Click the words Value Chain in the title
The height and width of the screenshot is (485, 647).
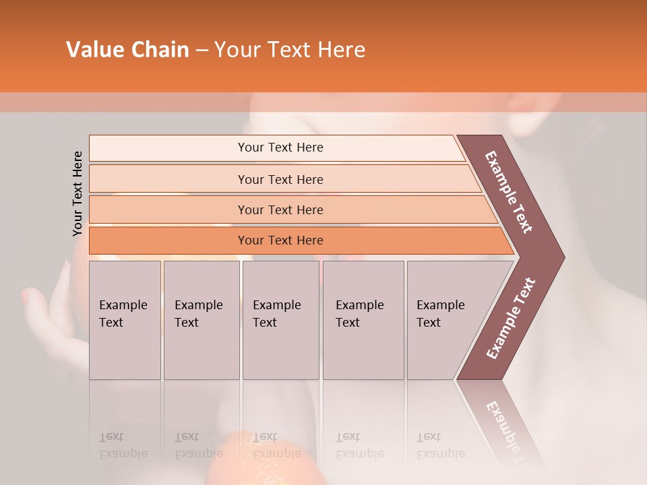pos(127,50)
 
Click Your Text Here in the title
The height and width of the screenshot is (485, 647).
pos(290,50)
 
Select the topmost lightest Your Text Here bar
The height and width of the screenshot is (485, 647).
pos(280,148)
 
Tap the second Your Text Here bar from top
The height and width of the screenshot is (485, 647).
pos(280,179)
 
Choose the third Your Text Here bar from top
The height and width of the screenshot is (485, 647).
pos(280,209)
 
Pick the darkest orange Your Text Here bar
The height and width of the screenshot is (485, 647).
pos(280,240)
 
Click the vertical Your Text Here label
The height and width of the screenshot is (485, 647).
pos(78,193)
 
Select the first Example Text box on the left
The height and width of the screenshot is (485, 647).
pos(125,319)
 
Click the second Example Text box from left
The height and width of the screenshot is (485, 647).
pos(201,319)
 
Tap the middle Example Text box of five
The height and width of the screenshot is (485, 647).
pos(280,319)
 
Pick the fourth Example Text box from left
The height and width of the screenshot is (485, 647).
pos(363,319)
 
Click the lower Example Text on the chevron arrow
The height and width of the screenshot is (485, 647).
pos(511,319)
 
